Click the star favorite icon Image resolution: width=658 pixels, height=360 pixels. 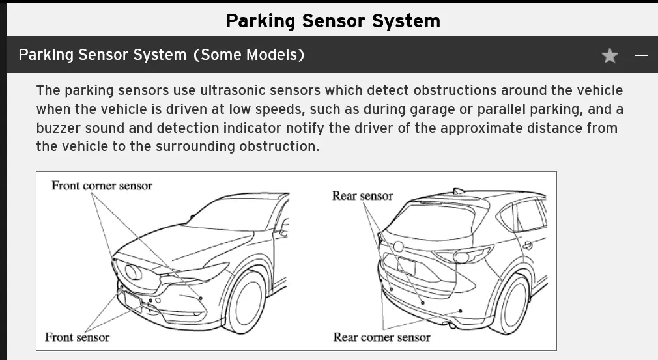[609, 56]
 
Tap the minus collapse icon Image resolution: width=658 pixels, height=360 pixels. [642, 56]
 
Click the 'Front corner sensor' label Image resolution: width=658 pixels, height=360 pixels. [102, 186]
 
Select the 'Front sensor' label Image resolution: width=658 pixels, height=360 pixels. [77, 337]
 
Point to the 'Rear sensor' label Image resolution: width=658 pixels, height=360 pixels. [362, 195]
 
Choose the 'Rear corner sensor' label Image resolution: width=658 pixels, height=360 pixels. [381, 337]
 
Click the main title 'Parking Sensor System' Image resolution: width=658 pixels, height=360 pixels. [333, 20]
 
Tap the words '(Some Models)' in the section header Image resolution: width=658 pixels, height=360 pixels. [248, 55]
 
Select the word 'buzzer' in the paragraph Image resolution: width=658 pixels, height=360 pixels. [59, 128]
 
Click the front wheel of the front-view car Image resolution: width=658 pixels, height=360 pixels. [248, 300]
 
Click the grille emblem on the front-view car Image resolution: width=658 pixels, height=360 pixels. [134, 271]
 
